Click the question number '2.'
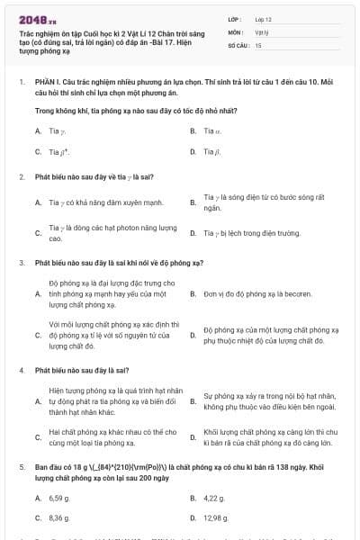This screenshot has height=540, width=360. [21, 176]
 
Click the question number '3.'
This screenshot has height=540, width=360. [21, 263]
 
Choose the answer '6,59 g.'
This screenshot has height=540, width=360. [58, 497]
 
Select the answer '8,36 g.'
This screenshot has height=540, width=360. [58, 518]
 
